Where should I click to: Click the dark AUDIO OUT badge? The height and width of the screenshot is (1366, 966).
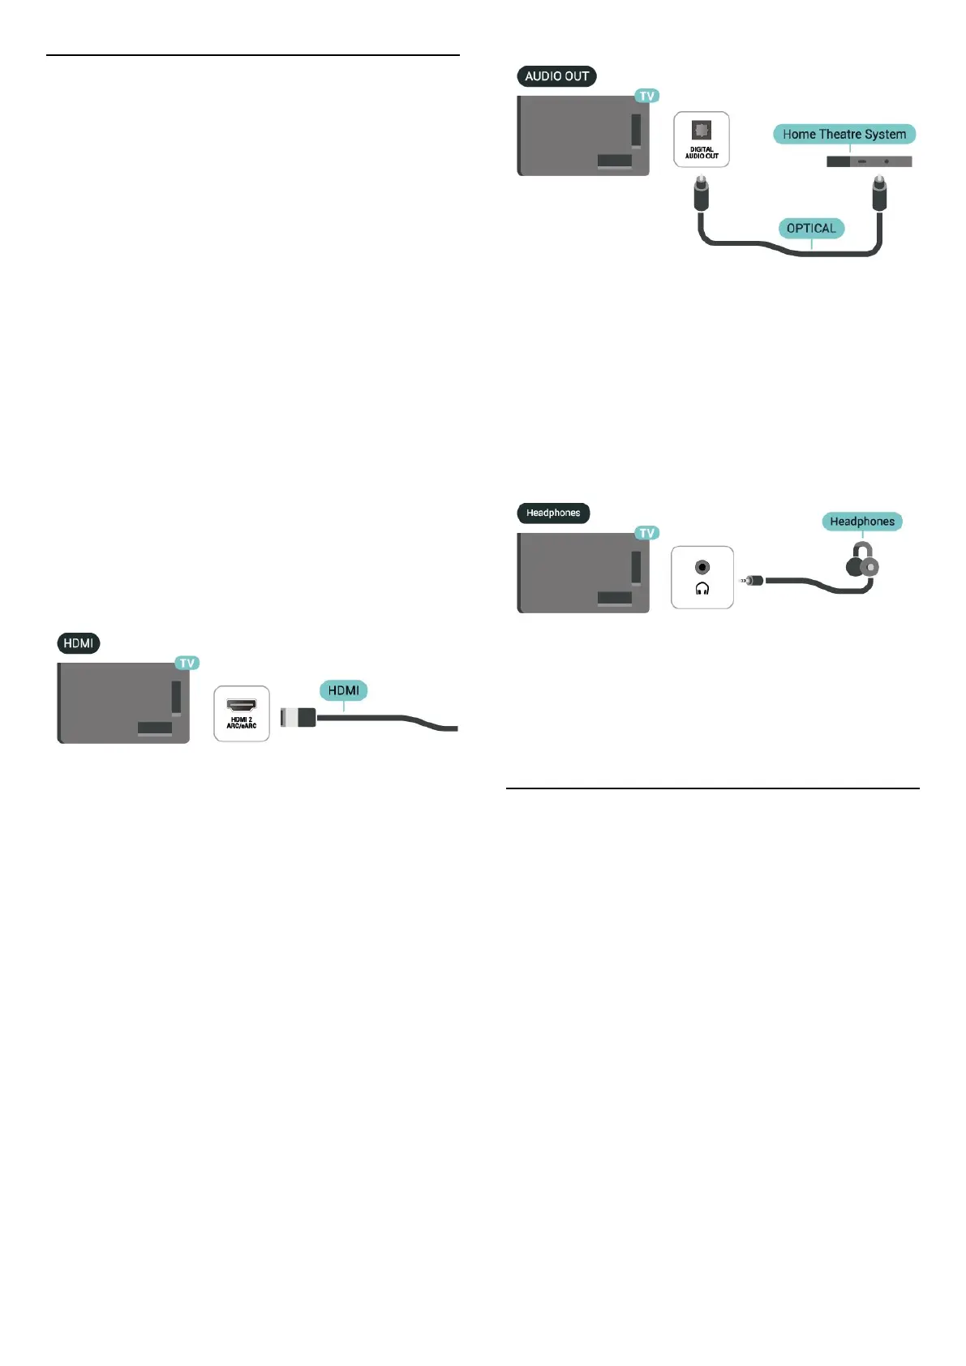pyautogui.click(x=556, y=76)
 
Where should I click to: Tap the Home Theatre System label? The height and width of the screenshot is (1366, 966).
pyautogui.click(x=844, y=134)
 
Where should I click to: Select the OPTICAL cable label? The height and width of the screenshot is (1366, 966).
pyautogui.click(x=810, y=228)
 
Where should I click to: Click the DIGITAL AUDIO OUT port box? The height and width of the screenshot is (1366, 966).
pyautogui.click(x=702, y=140)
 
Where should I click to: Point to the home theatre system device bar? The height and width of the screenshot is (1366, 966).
pyautogui.click(x=869, y=161)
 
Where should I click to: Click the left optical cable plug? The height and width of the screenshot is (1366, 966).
pyautogui.click(x=699, y=194)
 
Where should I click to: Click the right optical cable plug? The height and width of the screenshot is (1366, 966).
pyautogui.click(x=878, y=194)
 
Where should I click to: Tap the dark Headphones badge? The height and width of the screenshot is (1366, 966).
pyautogui.click(x=553, y=513)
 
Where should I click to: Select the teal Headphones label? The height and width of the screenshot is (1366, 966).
pyautogui.click(x=861, y=522)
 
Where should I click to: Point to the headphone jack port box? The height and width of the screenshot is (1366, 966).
pyautogui.click(x=702, y=577)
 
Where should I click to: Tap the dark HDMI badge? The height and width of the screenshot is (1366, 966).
pyautogui.click(x=79, y=643)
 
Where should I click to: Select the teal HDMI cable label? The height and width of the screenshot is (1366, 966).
pyautogui.click(x=344, y=690)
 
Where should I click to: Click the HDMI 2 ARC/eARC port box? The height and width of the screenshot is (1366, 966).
pyautogui.click(x=242, y=714)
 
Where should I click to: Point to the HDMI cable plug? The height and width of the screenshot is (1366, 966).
pyautogui.click(x=298, y=717)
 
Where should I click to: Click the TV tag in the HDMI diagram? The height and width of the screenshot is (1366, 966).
pyautogui.click(x=187, y=663)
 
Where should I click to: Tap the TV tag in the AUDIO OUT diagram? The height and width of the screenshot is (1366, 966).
pyautogui.click(x=646, y=96)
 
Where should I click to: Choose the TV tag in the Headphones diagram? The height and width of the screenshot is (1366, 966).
pyautogui.click(x=646, y=533)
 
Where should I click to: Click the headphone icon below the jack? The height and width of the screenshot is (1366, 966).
pyautogui.click(x=702, y=589)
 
